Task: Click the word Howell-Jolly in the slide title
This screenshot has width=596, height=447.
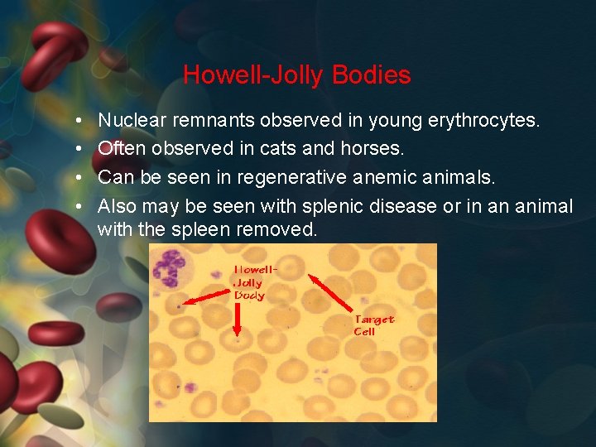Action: [x=253, y=75]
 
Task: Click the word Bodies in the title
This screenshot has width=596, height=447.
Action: [x=371, y=75]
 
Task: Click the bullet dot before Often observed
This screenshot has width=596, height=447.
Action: [x=76, y=150]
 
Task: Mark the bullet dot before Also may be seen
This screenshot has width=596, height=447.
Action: [x=76, y=206]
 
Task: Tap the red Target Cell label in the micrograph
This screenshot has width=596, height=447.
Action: [x=374, y=325]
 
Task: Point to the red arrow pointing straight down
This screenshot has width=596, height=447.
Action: [x=238, y=319]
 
